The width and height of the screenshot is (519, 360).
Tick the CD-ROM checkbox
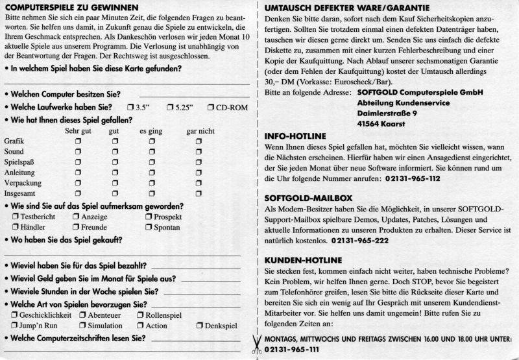211,107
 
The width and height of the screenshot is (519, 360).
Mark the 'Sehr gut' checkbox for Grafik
78,141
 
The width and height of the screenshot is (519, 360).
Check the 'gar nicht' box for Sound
199,152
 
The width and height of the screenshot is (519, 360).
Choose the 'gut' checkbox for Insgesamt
114,193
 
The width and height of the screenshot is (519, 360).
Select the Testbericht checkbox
15,217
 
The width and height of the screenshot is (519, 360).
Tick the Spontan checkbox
149,228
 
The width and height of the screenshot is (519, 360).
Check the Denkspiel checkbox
199,326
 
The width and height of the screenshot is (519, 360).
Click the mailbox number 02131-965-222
359,241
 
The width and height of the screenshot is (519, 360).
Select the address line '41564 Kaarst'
366,124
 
